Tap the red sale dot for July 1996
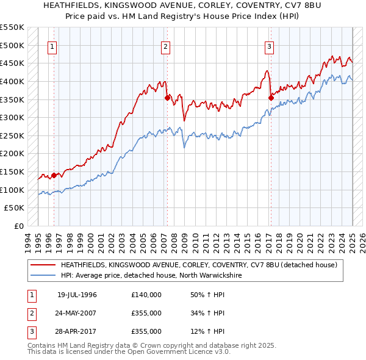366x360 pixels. click(x=54, y=175)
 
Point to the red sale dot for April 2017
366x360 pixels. click(x=271, y=97)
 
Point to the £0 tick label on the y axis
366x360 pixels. click(x=19, y=226)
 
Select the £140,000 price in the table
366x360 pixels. click(x=146, y=295)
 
